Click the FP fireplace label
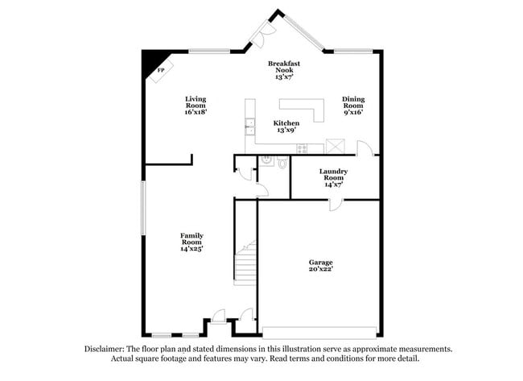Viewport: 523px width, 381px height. coord(161,70)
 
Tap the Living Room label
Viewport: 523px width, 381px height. coord(196,106)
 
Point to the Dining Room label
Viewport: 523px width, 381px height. coord(353,106)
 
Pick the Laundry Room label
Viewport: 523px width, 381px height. coord(332,177)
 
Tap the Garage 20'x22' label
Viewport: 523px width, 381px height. coord(320,266)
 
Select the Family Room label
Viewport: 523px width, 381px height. coord(191,242)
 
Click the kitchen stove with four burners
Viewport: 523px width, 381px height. coord(302,148)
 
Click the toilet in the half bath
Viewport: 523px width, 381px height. coord(282,164)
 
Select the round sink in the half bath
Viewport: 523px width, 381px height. coord(266,161)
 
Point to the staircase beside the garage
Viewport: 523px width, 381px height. coord(245,262)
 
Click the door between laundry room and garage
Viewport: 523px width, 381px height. coord(335,205)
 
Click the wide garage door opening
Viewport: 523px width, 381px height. coord(320,331)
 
